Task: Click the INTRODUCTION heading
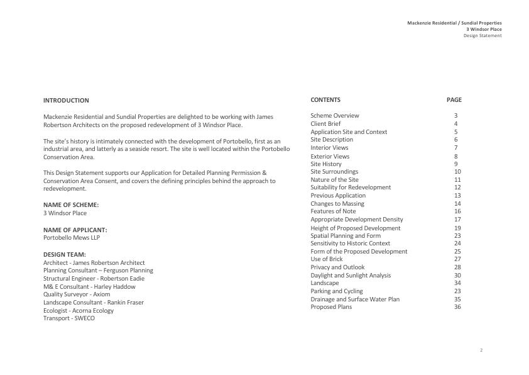[66, 101]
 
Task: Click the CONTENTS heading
[325, 100]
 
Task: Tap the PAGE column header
[454, 100]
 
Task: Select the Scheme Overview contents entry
[335, 116]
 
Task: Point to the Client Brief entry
[325, 124]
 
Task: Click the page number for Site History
[456, 164]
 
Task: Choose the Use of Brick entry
[327, 259]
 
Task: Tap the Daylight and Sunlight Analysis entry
[351, 276]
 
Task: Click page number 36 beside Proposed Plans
[457, 307]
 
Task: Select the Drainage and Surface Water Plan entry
[355, 299]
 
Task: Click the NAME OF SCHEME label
[71, 205]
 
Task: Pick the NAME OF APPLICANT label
[75, 230]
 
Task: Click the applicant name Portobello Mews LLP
[72, 238]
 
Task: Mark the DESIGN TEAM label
[65, 255]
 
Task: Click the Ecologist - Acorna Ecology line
[79, 310]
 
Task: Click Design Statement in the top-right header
[483, 36]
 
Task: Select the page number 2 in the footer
[481, 350]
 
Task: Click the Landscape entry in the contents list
[325, 283]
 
